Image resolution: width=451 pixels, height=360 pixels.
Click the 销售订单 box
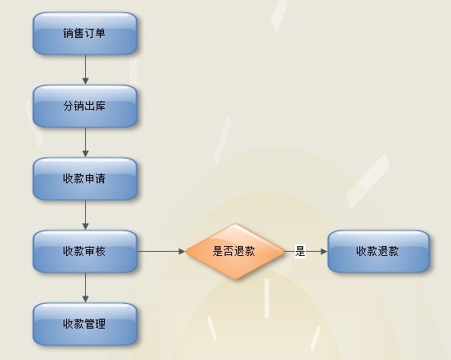click(85, 33)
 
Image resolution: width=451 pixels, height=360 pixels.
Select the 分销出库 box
click(85, 107)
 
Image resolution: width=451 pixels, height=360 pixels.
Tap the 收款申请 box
click(85, 179)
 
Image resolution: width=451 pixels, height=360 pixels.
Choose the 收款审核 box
click(85, 251)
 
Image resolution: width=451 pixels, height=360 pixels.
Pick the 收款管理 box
click(85, 324)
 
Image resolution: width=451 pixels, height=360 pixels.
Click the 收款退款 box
click(378, 251)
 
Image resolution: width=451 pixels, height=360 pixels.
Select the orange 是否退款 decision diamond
click(235, 252)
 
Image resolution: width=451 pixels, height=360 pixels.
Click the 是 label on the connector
click(300, 251)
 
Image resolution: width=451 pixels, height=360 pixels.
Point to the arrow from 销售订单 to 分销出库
click(85, 69)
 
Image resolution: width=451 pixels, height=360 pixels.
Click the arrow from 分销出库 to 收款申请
click(85, 142)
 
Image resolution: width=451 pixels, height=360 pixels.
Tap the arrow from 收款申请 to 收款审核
click(85, 215)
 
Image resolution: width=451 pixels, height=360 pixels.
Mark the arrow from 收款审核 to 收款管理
click(85, 287)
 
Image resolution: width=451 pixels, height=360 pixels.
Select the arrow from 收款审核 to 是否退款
click(161, 251)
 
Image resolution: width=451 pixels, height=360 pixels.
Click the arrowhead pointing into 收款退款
click(324, 251)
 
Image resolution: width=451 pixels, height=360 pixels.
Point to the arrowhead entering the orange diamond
click(182, 251)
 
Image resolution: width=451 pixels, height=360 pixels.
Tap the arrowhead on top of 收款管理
click(85, 299)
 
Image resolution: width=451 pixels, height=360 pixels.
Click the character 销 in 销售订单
click(69, 33)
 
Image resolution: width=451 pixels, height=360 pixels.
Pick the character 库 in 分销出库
click(101, 107)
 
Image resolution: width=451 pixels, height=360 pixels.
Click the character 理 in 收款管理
click(101, 324)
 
